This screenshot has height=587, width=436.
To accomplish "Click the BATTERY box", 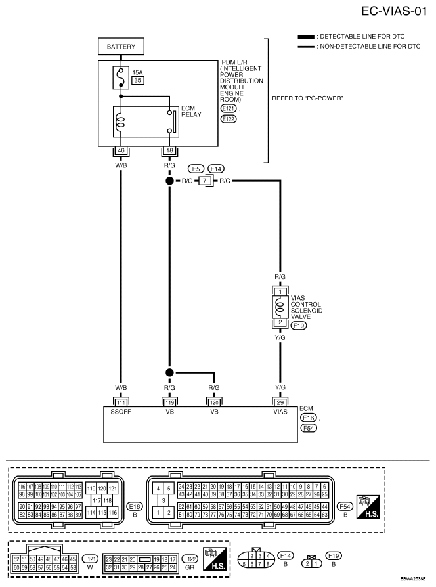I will click(x=121, y=47).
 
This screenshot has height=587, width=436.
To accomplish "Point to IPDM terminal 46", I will click(x=121, y=150).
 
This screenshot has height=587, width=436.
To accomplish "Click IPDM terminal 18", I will click(x=169, y=150).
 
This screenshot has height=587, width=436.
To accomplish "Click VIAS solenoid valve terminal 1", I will click(x=279, y=292).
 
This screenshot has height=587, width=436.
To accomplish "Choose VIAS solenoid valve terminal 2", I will click(x=279, y=321).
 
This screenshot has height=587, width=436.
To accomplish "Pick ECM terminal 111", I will click(x=121, y=401).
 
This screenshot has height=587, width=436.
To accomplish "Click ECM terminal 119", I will click(x=169, y=401).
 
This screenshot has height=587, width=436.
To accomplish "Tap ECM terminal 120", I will click(x=213, y=401).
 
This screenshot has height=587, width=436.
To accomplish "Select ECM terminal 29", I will click(x=279, y=401).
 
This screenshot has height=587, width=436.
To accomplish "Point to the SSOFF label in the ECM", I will click(x=121, y=413).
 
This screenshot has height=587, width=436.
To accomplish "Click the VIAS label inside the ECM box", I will click(x=279, y=413).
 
